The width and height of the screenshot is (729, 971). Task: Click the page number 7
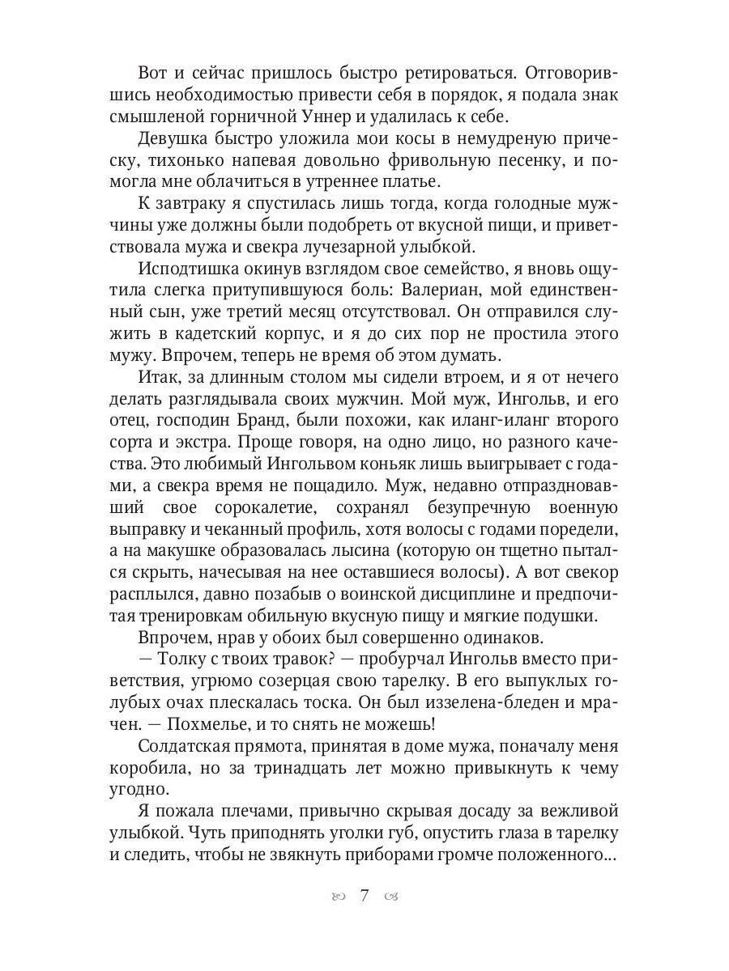click(364, 896)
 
